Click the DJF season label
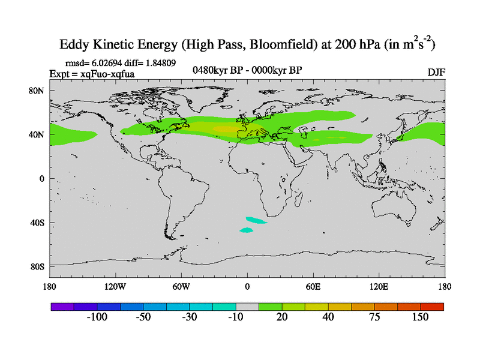click(436, 73)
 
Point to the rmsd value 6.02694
click(105, 62)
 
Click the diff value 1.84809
click(157, 62)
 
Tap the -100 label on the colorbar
click(96, 317)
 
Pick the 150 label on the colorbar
click(421, 317)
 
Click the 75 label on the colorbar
click(374, 317)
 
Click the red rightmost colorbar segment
click(432, 306)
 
